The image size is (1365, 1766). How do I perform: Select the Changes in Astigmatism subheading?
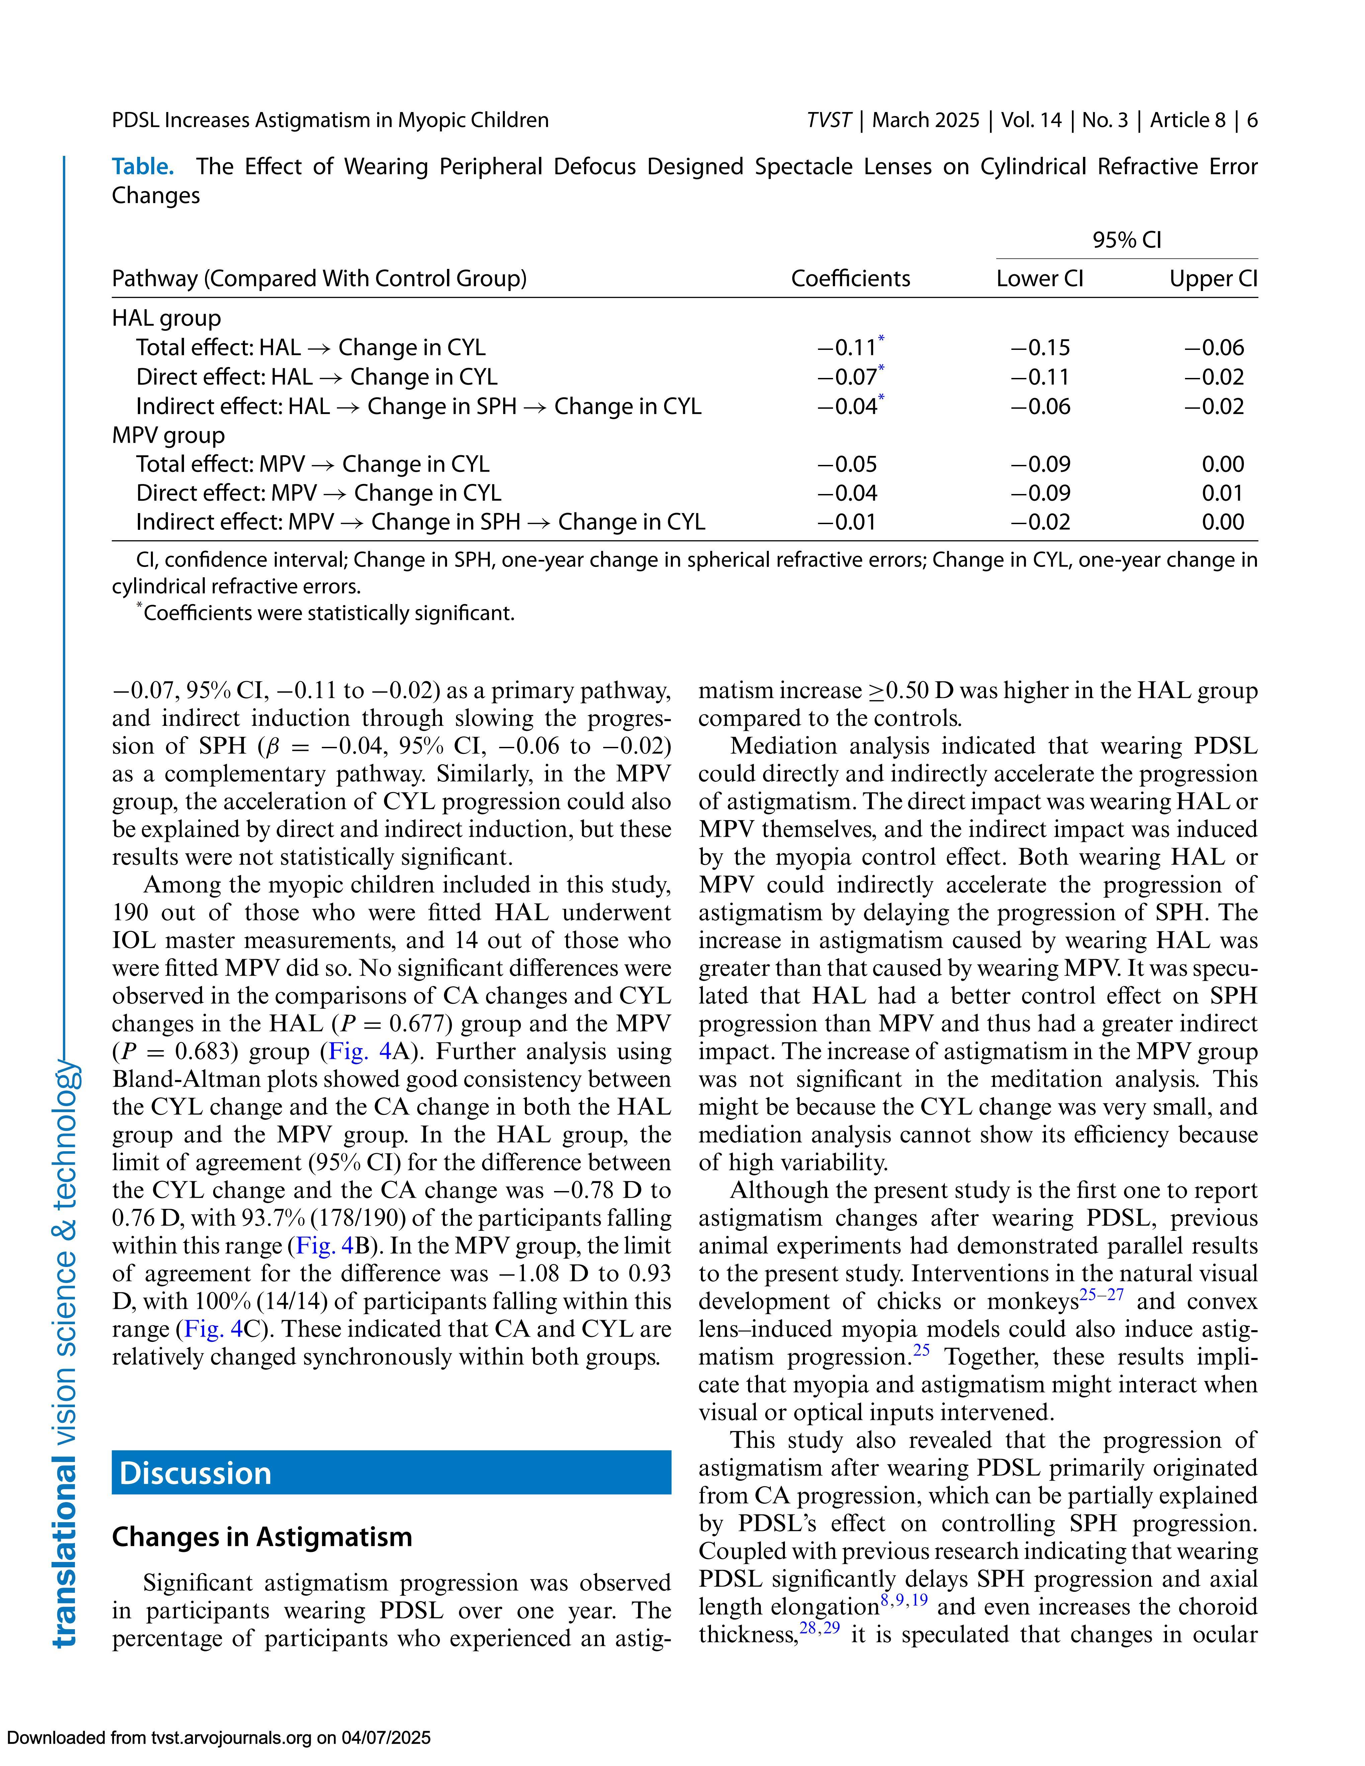(262, 1536)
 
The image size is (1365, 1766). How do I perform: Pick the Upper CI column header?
(1213, 279)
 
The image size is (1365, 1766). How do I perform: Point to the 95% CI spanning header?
(1126, 240)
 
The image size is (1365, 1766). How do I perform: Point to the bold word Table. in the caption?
(142, 167)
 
